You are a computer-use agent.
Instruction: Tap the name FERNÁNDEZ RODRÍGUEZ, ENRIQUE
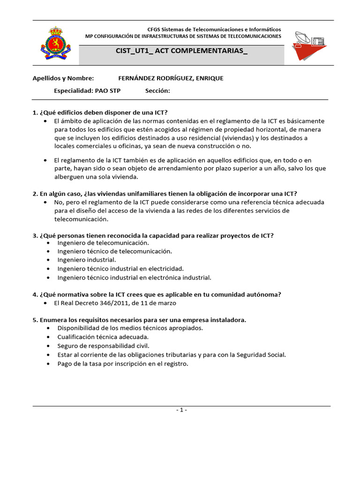(171, 78)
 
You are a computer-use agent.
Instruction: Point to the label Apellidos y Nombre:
(63, 78)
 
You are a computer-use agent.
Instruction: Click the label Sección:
(157, 90)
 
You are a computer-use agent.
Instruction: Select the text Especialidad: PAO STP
(87, 90)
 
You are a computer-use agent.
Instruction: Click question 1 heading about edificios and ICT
(100, 112)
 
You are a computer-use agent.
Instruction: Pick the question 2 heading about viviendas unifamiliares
(165, 194)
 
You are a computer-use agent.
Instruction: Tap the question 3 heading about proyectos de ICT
(153, 235)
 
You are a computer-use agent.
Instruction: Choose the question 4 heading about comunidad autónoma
(157, 294)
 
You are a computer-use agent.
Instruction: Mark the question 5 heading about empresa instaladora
(139, 320)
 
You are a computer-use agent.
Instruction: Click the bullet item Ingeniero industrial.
(87, 260)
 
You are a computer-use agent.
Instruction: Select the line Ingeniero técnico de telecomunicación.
(115, 251)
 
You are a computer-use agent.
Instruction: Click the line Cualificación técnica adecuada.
(103, 337)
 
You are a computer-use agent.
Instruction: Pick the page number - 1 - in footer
(181, 410)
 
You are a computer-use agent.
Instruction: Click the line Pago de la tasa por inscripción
(123, 364)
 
